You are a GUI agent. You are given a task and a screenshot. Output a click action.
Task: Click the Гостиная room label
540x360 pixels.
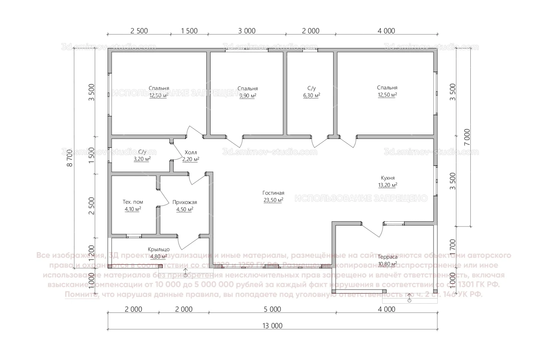pos(273,193)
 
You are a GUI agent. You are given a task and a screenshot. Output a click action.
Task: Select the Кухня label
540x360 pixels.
pos(388,178)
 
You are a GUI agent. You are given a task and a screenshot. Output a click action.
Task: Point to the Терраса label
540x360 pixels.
pos(388,257)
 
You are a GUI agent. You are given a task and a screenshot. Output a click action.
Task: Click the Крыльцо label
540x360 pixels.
pos(159,249)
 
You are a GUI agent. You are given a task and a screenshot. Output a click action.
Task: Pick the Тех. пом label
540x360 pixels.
pos(133,202)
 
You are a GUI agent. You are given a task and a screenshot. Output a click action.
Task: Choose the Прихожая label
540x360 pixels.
pos(185,202)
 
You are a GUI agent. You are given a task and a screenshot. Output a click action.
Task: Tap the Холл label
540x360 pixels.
pos(191,153)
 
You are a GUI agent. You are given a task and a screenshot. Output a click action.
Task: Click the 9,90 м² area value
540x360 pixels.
pos(248,96)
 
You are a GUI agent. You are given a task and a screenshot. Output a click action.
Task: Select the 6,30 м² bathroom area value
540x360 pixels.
pos(311,95)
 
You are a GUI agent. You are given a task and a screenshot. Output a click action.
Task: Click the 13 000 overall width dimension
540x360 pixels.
pos(272,326)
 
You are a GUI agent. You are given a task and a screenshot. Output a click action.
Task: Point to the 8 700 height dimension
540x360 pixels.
pos(70,158)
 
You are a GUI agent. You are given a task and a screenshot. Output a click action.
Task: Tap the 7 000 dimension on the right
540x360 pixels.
pos(467,137)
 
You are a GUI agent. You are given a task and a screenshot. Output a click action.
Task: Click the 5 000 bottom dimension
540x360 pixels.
pos(272,309)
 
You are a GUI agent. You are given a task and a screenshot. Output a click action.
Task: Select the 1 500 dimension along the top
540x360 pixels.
pos(189,31)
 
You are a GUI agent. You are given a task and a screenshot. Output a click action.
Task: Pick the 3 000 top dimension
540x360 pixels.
pos(247,31)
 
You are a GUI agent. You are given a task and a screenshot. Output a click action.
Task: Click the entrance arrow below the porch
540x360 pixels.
pos(186,273)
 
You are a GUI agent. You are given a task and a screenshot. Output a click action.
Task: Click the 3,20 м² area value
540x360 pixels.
pos(142,159)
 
